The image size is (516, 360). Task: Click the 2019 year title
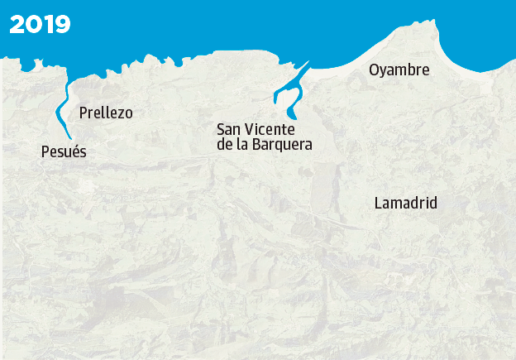(40, 24)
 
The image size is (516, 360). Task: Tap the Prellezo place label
(106, 113)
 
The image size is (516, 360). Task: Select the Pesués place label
(64, 151)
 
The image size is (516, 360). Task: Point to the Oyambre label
(399, 70)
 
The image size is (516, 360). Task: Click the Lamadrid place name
(405, 203)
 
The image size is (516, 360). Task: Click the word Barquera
(284, 145)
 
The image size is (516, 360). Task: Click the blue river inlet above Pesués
(59, 112)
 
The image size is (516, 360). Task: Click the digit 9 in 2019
(63, 24)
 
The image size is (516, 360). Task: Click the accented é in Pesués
(73, 151)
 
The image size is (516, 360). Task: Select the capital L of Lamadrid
(378, 203)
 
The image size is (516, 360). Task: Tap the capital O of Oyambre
(375, 70)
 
